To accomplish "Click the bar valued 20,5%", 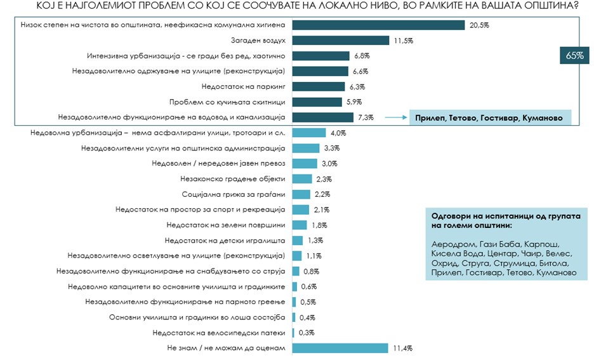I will click(378, 25).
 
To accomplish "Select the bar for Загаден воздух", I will click(340, 40).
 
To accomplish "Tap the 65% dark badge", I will click(574, 56).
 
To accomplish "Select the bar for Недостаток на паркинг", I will click(319, 86).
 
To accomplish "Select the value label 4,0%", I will click(338, 133).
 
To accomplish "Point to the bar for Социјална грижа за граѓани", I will click(301, 194).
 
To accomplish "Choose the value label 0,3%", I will click(306, 333).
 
